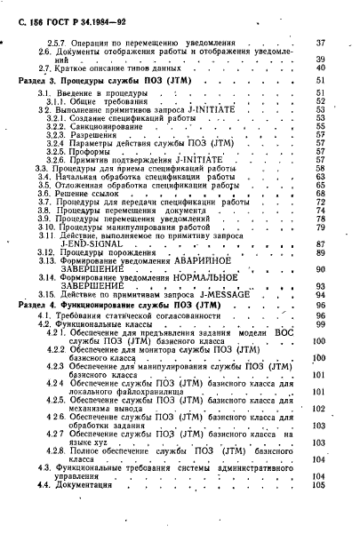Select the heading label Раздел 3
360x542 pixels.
click(39, 81)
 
